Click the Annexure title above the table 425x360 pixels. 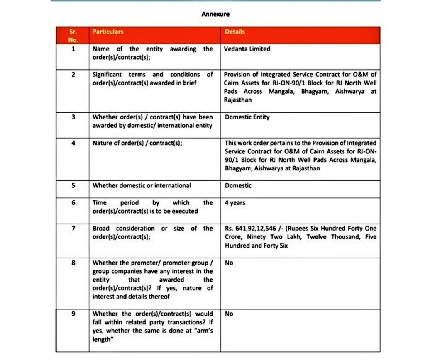(x=215, y=14)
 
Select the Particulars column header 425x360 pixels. (x=108, y=32)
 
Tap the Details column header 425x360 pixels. (x=235, y=32)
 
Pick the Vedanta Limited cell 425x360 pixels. (x=247, y=49)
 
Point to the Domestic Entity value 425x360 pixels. (x=247, y=117)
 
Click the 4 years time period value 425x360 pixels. (x=235, y=203)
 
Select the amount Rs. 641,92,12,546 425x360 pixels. (x=252, y=229)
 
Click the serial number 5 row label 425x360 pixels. (x=73, y=185)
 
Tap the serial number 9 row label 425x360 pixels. (x=73, y=314)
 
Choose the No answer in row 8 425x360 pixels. (x=229, y=263)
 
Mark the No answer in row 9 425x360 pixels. (x=229, y=314)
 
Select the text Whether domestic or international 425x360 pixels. (x=142, y=185)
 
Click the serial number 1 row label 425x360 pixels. (x=73, y=49)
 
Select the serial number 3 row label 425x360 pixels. (x=73, y=117)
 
